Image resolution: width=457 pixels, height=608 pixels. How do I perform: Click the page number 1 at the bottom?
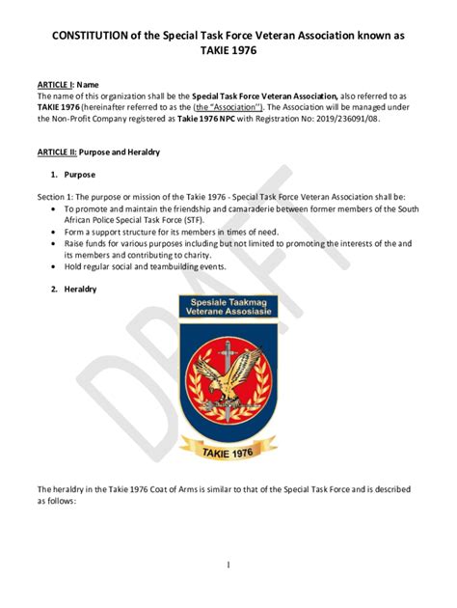[x=228, y=564]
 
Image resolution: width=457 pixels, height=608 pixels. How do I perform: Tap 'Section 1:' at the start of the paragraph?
[x=56, y=196]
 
